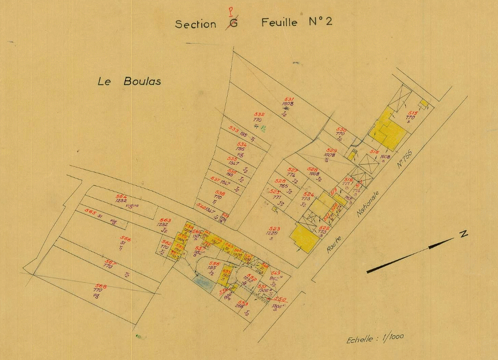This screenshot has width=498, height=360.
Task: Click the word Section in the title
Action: (x=196, y=24)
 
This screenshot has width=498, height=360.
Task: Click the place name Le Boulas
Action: (x=129, y=82)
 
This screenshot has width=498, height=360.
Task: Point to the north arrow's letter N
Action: (x=463, y=234)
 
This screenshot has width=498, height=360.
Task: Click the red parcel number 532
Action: (x=259, y=114)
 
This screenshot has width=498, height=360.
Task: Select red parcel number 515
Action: (x=413, y=113)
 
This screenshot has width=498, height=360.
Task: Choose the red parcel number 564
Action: (x=121, y=196)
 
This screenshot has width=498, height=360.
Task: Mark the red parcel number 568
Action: (x=101, y=286)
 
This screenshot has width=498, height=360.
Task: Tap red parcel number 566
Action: (x=125, y=238)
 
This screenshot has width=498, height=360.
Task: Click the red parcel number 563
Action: (x=165, y=220)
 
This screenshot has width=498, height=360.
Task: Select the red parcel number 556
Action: (x=214, y=263)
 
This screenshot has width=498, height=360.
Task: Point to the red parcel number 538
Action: (x=219, y=193)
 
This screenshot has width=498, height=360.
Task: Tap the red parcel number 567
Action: (x=110, y=262)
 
